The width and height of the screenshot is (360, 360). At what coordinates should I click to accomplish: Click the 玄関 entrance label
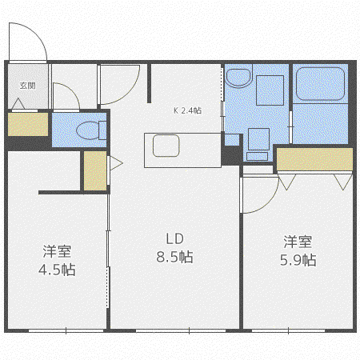[27, 86]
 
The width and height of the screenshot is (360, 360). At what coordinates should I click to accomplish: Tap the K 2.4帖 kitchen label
[187, 110]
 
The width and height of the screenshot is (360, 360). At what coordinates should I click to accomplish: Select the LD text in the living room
[174, 239]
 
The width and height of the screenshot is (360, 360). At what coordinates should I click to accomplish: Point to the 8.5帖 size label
[174, 257]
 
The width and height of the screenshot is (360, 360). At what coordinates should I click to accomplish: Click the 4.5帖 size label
[57, 270]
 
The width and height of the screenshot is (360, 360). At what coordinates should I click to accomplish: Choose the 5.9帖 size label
[298, 260]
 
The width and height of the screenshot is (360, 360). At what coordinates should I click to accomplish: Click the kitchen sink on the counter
[166, 146]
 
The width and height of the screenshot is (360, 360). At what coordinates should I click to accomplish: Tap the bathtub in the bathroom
[320, 84]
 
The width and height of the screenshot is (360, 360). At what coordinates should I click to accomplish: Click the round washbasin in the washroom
[239, 78]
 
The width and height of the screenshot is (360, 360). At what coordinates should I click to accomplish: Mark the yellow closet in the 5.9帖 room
[314, 159]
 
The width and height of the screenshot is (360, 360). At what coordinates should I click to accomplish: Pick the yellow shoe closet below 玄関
[28, 124]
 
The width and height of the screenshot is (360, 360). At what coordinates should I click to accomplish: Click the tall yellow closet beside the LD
[95, 170]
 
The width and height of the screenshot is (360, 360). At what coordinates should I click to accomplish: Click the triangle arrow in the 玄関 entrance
[18, 103]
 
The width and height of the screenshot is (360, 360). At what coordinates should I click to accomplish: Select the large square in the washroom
[270, 90]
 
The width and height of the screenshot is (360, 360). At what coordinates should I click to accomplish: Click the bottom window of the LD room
[181, 330]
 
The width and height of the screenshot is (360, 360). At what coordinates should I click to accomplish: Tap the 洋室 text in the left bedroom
[57, 251]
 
